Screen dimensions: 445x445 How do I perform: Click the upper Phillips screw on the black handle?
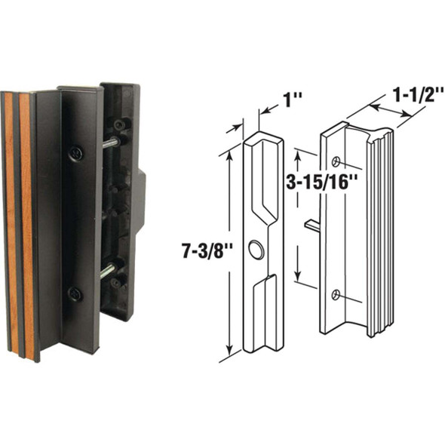(x=75, y=153)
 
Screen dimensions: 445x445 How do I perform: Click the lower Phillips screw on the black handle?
(x=75, y=293)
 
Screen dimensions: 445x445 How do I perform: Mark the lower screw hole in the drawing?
(x=336, y=295)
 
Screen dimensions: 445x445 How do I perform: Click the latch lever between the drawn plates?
(x=312, y=224)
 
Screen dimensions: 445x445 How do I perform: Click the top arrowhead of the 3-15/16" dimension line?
(x=299, y=153)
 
